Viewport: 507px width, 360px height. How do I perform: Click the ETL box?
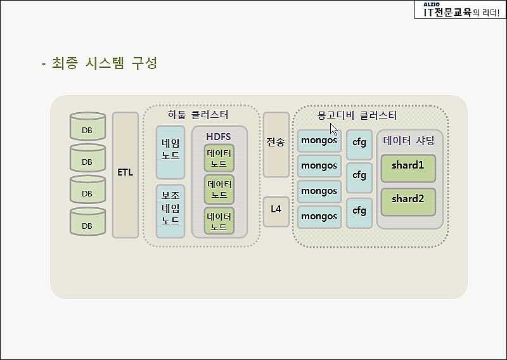[x=125, y=175]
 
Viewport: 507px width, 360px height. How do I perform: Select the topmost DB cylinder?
[x=87, y=126]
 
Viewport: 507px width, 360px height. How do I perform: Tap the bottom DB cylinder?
[x=87, y=222]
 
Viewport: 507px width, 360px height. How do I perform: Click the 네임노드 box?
[x=170, y=152]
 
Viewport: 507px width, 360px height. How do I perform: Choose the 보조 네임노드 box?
[x=170, y=211]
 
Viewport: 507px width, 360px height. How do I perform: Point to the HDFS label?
[x=219, y=137]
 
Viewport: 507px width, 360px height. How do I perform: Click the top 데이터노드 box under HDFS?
[x=219, y=158]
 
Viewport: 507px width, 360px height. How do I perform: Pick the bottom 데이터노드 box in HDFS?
[x=219, y=221]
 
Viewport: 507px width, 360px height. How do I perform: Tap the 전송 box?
[x=276, y=145]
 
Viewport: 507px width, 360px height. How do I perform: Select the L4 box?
[x=276, y=212]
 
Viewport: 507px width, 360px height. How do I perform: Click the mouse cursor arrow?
[x=334, y=129]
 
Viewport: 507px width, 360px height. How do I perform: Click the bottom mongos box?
[x=319, y=217]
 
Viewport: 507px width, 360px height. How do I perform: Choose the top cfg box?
[x=359, y=145]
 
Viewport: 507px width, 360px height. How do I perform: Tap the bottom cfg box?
[x=359, y=214]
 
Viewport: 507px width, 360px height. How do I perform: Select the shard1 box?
[x=408, y=168]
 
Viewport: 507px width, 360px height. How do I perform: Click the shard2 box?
[x=408, y=202]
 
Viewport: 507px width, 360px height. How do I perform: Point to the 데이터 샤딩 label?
[x=409, y=141]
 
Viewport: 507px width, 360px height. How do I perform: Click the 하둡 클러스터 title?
[x=198, y=115]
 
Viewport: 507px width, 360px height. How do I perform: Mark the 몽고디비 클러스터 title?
[x=357, y=115]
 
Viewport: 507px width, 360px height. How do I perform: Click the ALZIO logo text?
[x=432, y=4]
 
